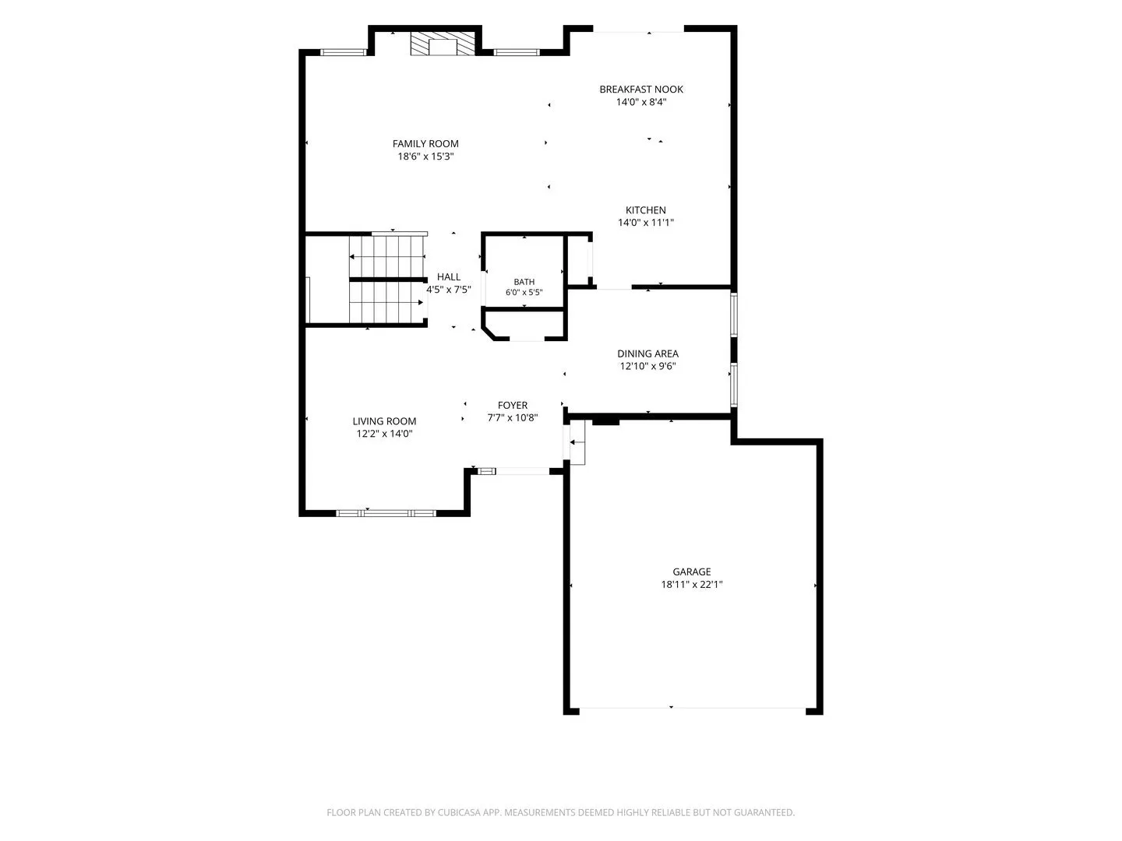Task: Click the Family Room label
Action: coord(425,144)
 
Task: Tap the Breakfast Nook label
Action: coord(641,90)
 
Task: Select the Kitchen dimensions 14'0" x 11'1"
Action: coord(646,223)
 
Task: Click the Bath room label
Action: coord(524,282)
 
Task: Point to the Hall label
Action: coord(448,276)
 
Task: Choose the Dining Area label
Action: coord(647,354)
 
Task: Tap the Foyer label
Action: coord(512,406)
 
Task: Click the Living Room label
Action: coord(384,421)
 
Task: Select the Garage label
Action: coord(692,572)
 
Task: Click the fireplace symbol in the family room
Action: coord(443,44)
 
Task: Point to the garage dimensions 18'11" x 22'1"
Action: coord(692,585)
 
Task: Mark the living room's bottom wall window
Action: coord(386,513)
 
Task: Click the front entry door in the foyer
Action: coord(522,471)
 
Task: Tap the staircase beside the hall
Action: coord(387,280)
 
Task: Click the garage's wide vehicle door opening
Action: coord(693,709)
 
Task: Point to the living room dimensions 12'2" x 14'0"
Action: coord(384,434)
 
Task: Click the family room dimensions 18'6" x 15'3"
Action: coord(425,157)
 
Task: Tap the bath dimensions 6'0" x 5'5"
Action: coord(524,293)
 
